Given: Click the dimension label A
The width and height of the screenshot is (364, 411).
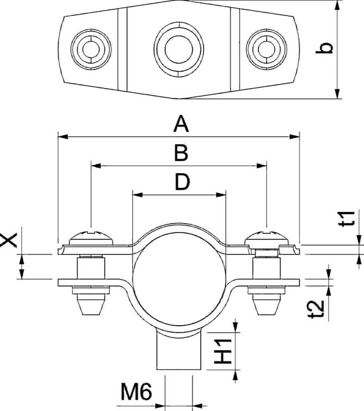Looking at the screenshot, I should [x=181, y=124].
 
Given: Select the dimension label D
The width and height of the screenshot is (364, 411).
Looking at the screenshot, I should [x=182, y=182].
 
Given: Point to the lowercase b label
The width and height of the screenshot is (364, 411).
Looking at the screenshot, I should [x=324, y=48].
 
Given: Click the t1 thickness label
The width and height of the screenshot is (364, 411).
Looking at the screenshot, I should [x=347, y=219].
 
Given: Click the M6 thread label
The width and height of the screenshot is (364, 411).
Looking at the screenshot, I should [x=136, y=392].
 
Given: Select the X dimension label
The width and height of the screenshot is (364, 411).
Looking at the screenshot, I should [x=8, y=239].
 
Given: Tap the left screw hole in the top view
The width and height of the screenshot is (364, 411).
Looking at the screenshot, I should [x=91, y=48].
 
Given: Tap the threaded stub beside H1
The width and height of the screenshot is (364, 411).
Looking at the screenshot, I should [x=179, y=353].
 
